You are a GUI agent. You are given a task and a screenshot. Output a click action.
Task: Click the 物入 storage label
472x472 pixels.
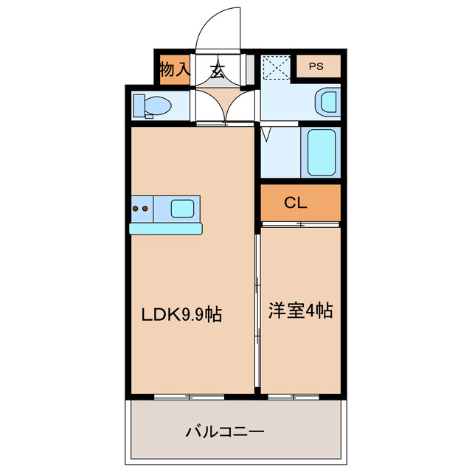pyautogui.click(x=174, y=70)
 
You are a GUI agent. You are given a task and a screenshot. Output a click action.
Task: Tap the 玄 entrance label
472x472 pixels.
pyautogui.click(x=218, y=72)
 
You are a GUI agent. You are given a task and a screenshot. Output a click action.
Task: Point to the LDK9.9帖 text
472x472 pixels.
pyautogui.click(x=182, y=314)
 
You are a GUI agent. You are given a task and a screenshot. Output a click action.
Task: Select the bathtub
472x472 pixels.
pyautogui.click(x=321, y=151)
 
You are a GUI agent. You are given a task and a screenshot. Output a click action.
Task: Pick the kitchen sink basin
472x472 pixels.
pyautogui.click(x=182, y=208)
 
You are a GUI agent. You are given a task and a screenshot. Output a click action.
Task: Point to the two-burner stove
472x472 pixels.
pyautogui.click(x=140, y=209)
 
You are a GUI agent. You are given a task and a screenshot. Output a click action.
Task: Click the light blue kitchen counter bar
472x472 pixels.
pyautogui.click(x=165, y=229)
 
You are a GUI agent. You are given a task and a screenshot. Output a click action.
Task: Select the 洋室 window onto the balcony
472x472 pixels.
pyautogui.click(x=293, y=397)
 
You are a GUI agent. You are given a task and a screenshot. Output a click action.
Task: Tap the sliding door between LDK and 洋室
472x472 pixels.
pyautogui.click(x=257, y=310)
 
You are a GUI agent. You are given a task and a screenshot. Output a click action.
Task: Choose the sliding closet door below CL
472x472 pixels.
pyautogui.click(x=301, y=223)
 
